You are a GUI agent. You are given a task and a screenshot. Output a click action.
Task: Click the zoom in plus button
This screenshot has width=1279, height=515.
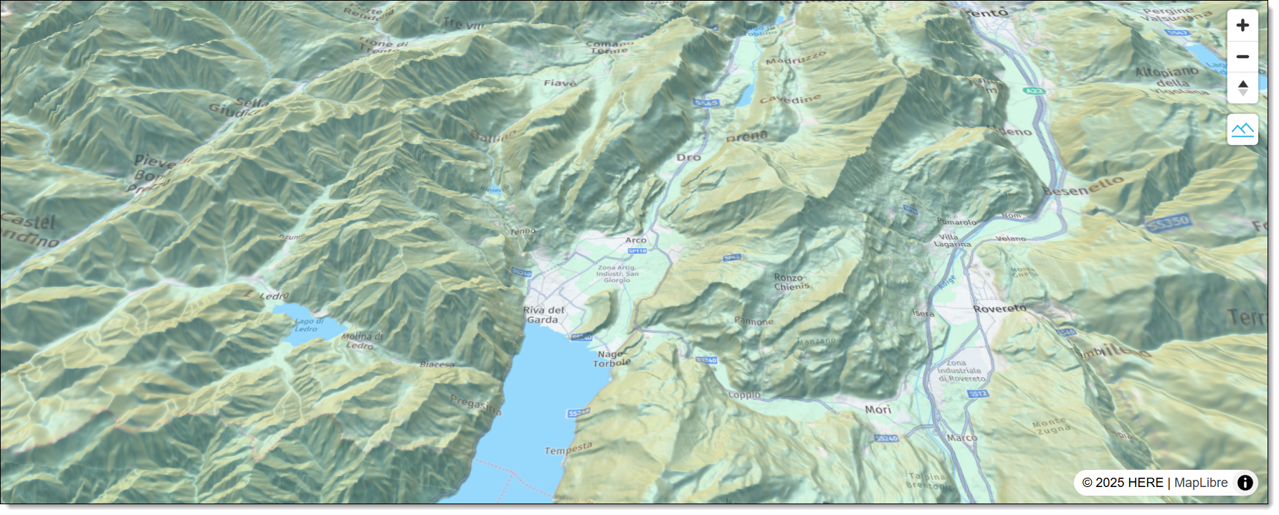click(x=1242, y=25)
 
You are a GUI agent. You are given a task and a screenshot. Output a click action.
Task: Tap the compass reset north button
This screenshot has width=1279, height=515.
click(x=1242, y=88)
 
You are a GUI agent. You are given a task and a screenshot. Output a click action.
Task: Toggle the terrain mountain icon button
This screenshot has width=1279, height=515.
click(x=1242, y=130)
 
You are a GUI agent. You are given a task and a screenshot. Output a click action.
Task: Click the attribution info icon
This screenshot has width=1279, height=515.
click(x=1245, y=483)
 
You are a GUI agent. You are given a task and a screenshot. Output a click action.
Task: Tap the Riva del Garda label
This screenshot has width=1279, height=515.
click(x=543, y=316)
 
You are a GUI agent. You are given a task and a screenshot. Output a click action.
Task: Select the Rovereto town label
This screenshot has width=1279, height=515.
click(x=999, y=308)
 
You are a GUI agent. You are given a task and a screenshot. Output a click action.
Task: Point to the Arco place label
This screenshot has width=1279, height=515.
click(x=636, y=240)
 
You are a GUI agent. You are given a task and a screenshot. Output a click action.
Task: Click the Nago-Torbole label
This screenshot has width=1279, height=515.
click(x=612, y=359)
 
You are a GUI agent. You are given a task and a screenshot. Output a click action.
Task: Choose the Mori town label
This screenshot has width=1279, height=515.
click(x=878, y=410)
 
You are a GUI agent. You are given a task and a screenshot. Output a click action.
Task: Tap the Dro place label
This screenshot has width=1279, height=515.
click(x=688, y=157)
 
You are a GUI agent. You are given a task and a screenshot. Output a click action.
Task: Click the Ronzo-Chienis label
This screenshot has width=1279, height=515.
click(x=791, y=282)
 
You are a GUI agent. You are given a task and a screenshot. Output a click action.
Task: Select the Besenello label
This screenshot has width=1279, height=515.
click(x=1083, y=186)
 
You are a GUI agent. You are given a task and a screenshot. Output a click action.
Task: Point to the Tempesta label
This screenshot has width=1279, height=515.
click(x=568, y=449)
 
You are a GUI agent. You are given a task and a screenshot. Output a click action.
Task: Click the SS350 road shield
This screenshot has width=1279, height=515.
click(x=1168, y=223)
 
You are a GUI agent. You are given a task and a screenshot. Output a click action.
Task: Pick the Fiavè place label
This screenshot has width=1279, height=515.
click(x=560, y=83)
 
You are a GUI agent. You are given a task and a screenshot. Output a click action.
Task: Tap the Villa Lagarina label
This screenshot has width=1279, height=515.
click(x=952, y=240)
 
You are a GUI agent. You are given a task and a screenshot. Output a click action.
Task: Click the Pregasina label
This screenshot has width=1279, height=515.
click(x=475, y=405)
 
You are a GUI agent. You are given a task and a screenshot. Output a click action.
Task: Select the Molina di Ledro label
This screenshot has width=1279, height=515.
click(x=362, y=340)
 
